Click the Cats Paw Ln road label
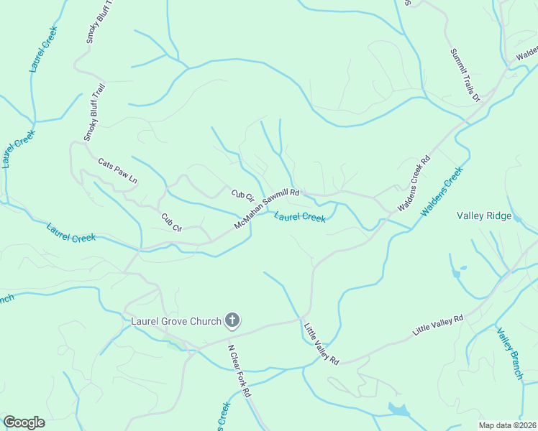pos(117,170)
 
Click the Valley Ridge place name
pos(484,215)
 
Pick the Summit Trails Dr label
pos(465,75)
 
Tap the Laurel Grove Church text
pos(175,321)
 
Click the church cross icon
pos(232,320)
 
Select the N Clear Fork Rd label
pos(240,371)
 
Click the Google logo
pos(24,422)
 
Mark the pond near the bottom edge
pos(398,409)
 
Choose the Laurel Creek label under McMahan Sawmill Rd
pos(300,215)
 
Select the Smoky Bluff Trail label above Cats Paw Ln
pos(94,113)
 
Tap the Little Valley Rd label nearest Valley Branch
pos(438,325)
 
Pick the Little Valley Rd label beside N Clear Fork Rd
pos(320,343)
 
